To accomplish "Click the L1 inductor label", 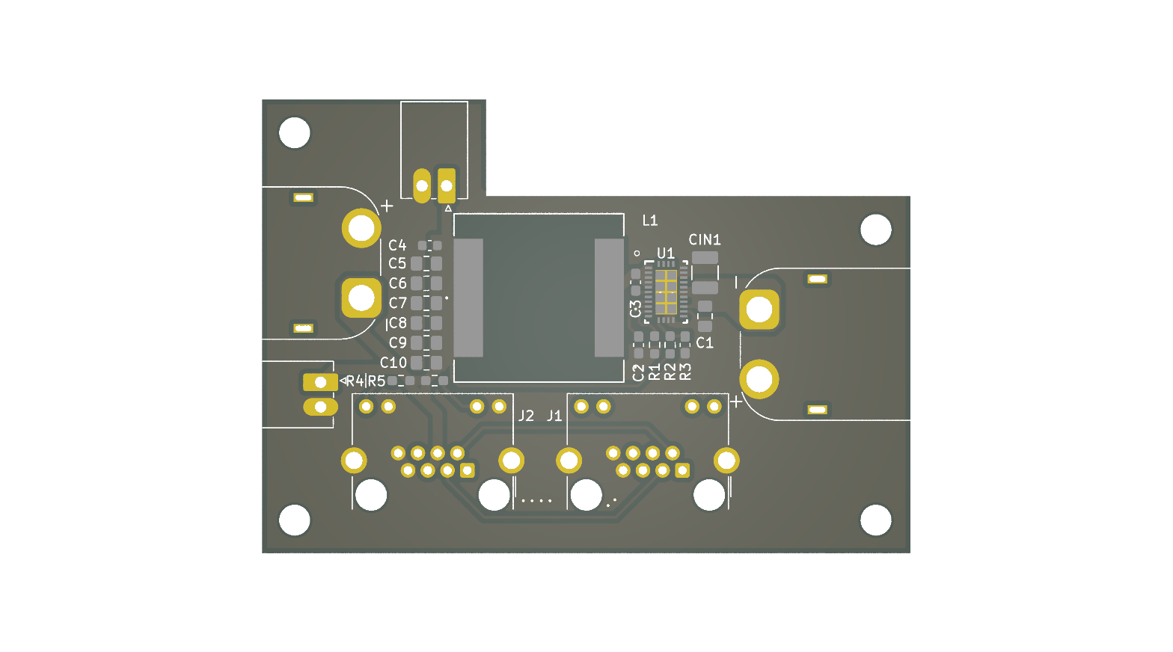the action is [x=650, y=221].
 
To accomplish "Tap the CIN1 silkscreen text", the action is [x=705, y=240].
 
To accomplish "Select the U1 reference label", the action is [x=666, y=253].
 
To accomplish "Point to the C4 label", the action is [x=397, y=245].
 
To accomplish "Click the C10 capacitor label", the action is [x=393, y=363].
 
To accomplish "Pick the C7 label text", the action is [x=398, y=303].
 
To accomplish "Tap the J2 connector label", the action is [x=527, y=416].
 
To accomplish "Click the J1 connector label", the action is [x=554, y=416].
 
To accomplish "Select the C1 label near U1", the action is [x=705, y=342].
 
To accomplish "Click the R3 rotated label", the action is [x=685, y=372].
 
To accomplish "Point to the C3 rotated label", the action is [x=635, y=309].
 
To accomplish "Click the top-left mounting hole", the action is [x=294, y=132].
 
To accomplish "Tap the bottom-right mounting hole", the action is [x=875, y=520].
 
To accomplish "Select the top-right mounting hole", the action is [x=875, y=230].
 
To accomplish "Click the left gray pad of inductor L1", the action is [x=468, y=298].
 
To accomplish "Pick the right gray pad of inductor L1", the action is [x=609, y=298].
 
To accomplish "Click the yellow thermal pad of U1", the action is [x=666, y=292].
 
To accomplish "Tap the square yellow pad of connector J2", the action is [x=467, y=470].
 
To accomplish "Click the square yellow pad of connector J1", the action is [x=682, y=470].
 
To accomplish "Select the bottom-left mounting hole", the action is [x=294, y=520].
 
